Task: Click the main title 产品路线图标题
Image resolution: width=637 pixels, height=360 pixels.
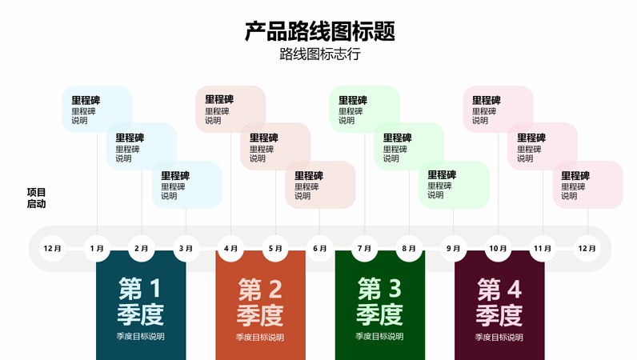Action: point(320,31)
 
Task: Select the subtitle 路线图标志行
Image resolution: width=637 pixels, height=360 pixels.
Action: point(320,54)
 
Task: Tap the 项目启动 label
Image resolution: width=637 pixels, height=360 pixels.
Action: point(36,198)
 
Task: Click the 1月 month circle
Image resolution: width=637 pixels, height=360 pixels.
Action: point(97,248)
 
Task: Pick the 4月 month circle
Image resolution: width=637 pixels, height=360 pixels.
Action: point(230,248)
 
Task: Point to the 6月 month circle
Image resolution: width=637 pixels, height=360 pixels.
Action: point(320,248)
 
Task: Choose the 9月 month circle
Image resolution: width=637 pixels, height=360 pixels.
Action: point(454,248)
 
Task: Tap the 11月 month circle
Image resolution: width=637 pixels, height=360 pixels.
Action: point(543,248)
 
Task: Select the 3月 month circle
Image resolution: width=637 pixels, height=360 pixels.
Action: point(186,248)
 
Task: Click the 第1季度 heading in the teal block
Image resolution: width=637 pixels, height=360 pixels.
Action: point(141,302)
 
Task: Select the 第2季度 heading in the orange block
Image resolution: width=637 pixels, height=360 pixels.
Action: point(260,302)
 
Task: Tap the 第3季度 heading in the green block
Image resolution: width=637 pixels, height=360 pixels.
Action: point(379,302)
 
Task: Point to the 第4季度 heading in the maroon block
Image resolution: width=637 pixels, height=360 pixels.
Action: point(499,302)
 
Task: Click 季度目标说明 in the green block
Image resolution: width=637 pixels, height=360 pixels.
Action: point(379,337)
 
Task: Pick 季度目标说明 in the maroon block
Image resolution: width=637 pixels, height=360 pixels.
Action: point(499,338)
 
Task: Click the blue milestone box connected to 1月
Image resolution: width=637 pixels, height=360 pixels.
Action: point(97,109)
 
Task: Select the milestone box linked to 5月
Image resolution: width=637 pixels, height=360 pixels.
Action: point(275,146)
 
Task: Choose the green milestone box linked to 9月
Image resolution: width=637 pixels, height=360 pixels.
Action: point(454,185)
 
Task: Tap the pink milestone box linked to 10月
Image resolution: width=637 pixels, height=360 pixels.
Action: point(498,109)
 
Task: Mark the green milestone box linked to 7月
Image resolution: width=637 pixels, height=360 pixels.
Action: point(364,109)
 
